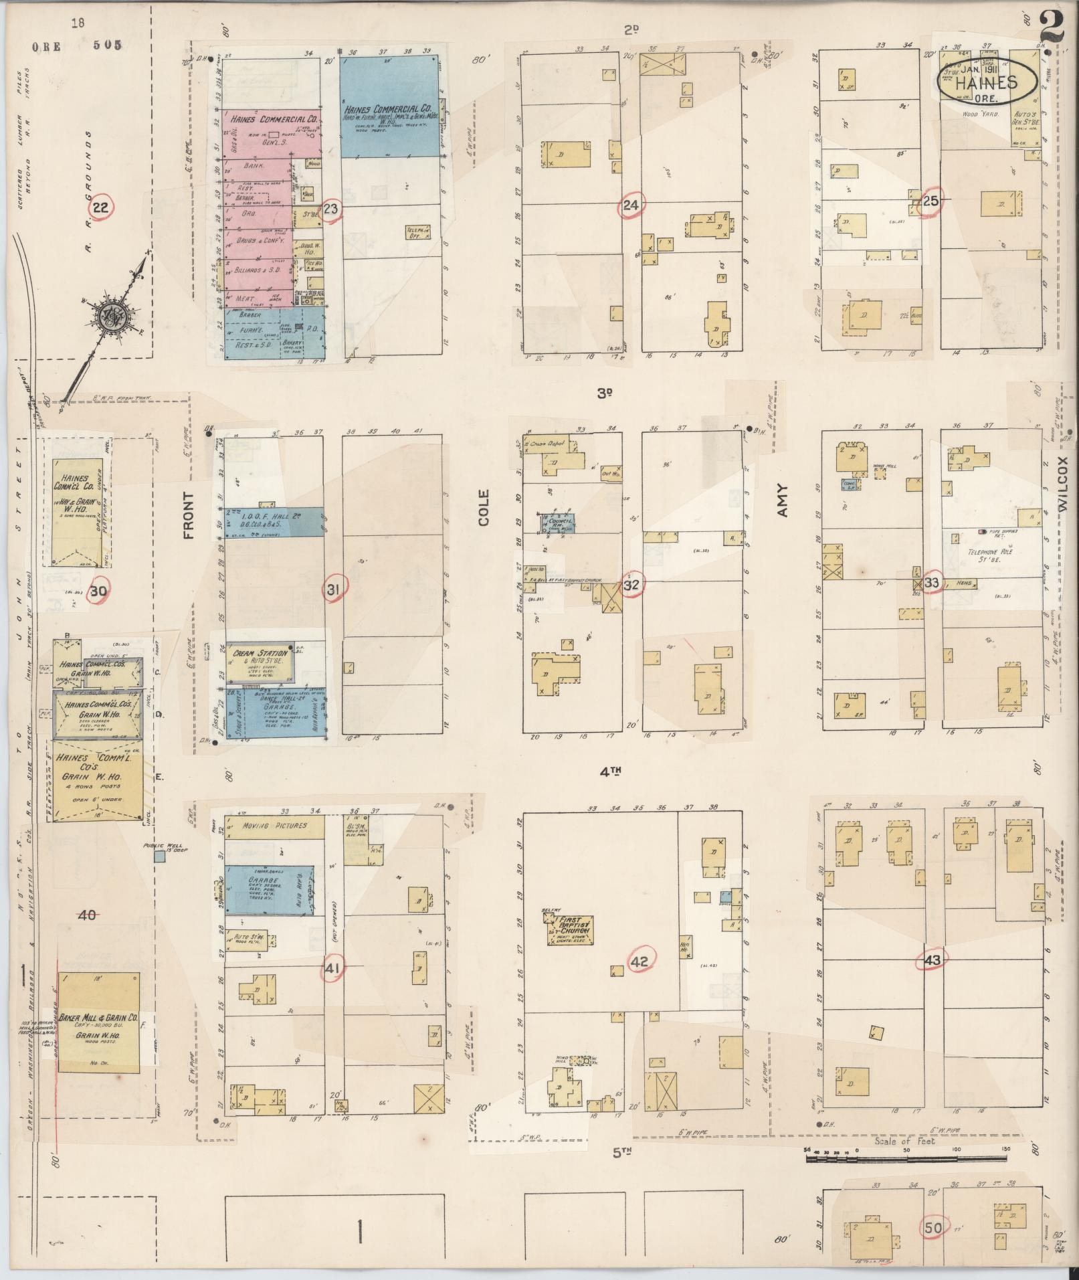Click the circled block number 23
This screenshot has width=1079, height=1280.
tap(330, 209)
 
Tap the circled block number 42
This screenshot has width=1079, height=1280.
tap(640, 962)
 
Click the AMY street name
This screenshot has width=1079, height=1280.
tap(783, 500)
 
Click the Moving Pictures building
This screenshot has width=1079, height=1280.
tap(274, 826)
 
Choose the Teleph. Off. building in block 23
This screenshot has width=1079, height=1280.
tap(417, 232)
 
